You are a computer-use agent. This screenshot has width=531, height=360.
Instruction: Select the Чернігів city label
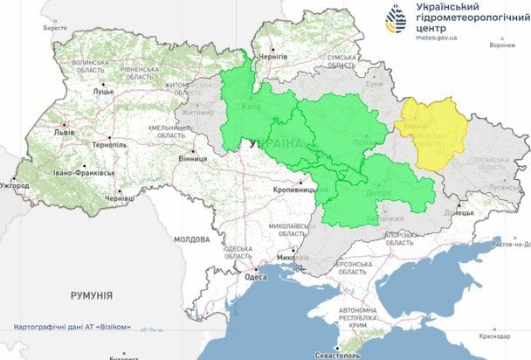coord(273,55)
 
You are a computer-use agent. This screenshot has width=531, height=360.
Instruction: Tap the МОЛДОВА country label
coord(191,239)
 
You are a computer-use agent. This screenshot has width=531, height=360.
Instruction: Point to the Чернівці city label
coord(120,199)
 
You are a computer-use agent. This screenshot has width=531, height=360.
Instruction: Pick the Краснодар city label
coord(494,336)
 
